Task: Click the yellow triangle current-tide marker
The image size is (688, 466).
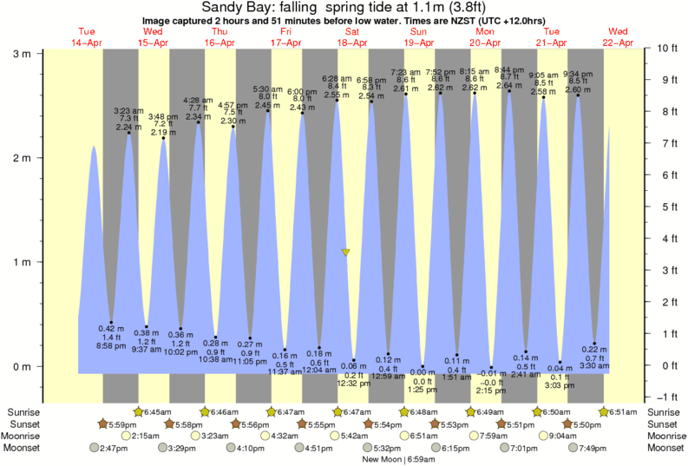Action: tap(345, 253)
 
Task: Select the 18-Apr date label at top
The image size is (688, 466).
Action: tap(351, 42)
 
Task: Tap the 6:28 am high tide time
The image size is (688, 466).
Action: tap(336, 79)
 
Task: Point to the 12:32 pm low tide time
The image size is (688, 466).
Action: tap(354, 383)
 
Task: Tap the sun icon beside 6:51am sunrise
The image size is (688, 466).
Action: tap(604, 410)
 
